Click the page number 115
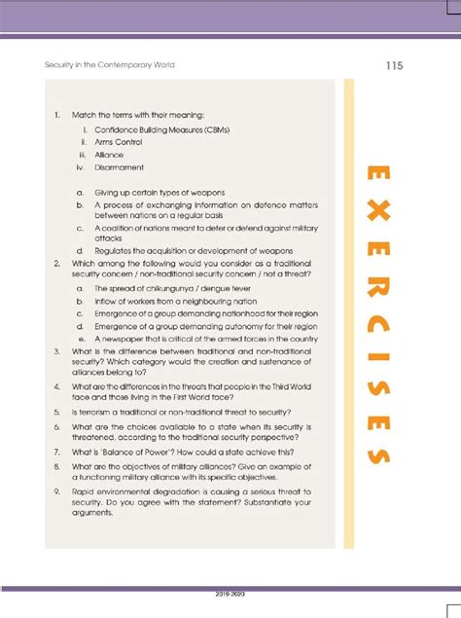[393, 66]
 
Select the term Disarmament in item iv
[120, 167]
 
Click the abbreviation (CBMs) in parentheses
[220, 129]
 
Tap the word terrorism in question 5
[90, 412]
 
